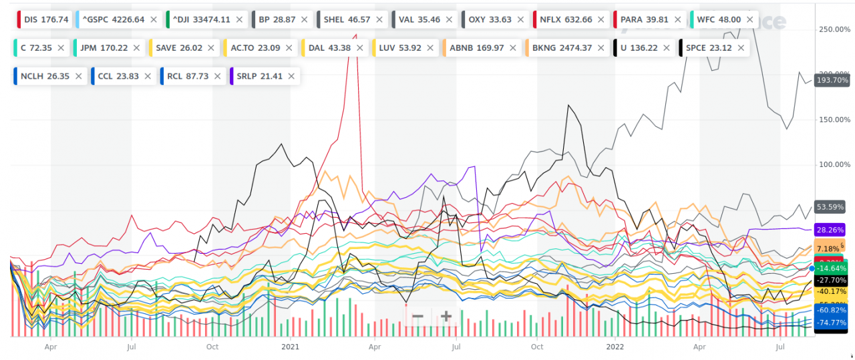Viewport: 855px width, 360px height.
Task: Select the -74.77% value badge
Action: (x=832, y=323)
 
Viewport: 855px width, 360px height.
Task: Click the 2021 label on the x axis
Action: (x=290, y=347)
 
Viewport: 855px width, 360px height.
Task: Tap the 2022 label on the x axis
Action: (x=615, y=347)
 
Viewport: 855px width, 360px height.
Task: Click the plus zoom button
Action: (x=446, y=316)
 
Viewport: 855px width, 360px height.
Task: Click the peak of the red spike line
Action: (x=356, y=35)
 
